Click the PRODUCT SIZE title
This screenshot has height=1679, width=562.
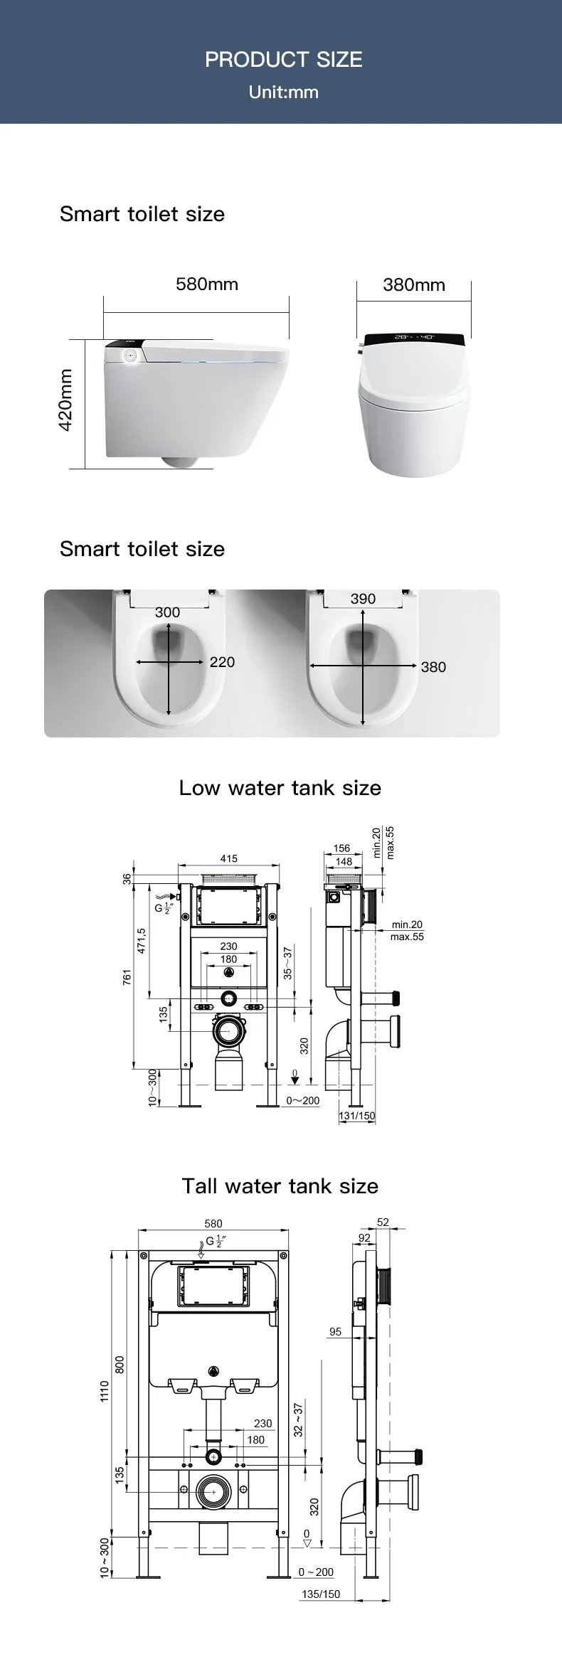pos(283,60)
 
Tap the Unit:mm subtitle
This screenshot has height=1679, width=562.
pos(283,92)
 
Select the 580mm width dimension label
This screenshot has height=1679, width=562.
pos(207,284)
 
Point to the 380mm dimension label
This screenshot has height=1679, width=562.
pos(414,285)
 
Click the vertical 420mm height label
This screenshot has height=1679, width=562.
pos(65,400)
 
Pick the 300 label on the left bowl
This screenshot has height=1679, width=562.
pos(168,612)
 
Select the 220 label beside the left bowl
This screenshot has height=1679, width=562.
pos(222,662)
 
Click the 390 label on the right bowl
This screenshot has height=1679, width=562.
pos(363,599)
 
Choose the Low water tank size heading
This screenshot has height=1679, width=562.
pos(280,788)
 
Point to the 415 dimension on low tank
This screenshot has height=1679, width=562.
pos(228,859)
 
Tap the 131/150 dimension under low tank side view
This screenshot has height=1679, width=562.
pos(357,1116)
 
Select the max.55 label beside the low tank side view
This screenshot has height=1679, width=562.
pos(407,937)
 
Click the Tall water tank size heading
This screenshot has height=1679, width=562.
pos(280,1186)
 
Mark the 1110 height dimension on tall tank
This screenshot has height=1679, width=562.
pos(105,1390)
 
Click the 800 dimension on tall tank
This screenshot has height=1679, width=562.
pos(120,1364)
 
